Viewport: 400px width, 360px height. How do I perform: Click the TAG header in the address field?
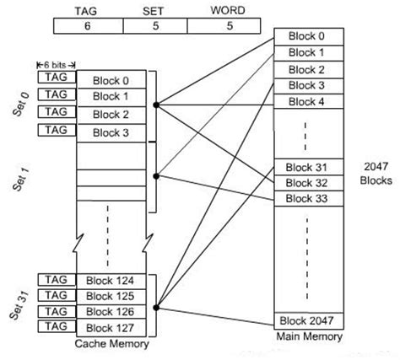[x=86, y=11]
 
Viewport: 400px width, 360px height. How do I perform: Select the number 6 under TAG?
[x=86, y=25]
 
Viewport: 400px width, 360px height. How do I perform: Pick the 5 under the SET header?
[x=156, y=25]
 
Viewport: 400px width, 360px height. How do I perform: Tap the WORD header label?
[x=226, y=11]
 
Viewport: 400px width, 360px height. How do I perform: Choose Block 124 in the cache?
[x=112, y=280]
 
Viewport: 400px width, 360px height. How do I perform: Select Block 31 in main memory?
[x=309, y=165]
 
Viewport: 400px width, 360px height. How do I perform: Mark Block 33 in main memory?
[x=309, y=197]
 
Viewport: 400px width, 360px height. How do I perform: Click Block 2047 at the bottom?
[x=309, y=321]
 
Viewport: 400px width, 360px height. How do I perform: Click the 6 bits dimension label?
[x=57, y=65]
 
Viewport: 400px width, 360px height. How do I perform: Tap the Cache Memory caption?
[x=112, y=343]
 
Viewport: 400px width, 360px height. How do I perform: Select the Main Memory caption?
[x=309, y=336]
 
